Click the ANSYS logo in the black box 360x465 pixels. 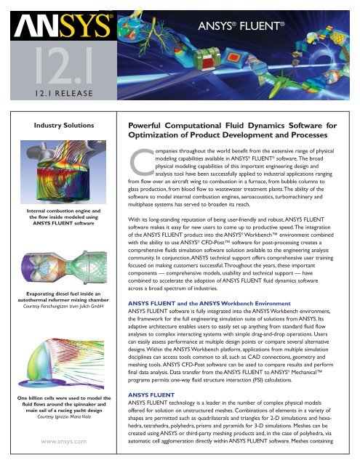[x=63, y=26]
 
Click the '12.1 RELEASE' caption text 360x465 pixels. [x=64, y=94]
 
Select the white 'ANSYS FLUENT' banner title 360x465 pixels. [x=241, y=26]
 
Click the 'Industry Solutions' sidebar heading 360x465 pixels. [x=64, y=126]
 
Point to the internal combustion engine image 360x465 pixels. [x=63, y=172]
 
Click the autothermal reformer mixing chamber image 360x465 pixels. [x=64, y=268]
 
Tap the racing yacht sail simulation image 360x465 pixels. [x=61, y=363]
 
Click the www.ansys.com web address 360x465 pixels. [x=64, y=442]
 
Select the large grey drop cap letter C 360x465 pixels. [x=142, y=162]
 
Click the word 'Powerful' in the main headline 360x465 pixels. [x=144, y=126]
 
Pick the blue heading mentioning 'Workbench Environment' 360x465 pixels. [x=209, y=304]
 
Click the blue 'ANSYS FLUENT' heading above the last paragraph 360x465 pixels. [x=151, y=395]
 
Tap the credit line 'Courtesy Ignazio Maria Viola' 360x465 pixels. [x=64, y=416]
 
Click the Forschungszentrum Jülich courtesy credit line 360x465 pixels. [x=63, y=306]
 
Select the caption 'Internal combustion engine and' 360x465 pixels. [x=63, y=211]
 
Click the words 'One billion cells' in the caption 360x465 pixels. [x=36, y=398]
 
